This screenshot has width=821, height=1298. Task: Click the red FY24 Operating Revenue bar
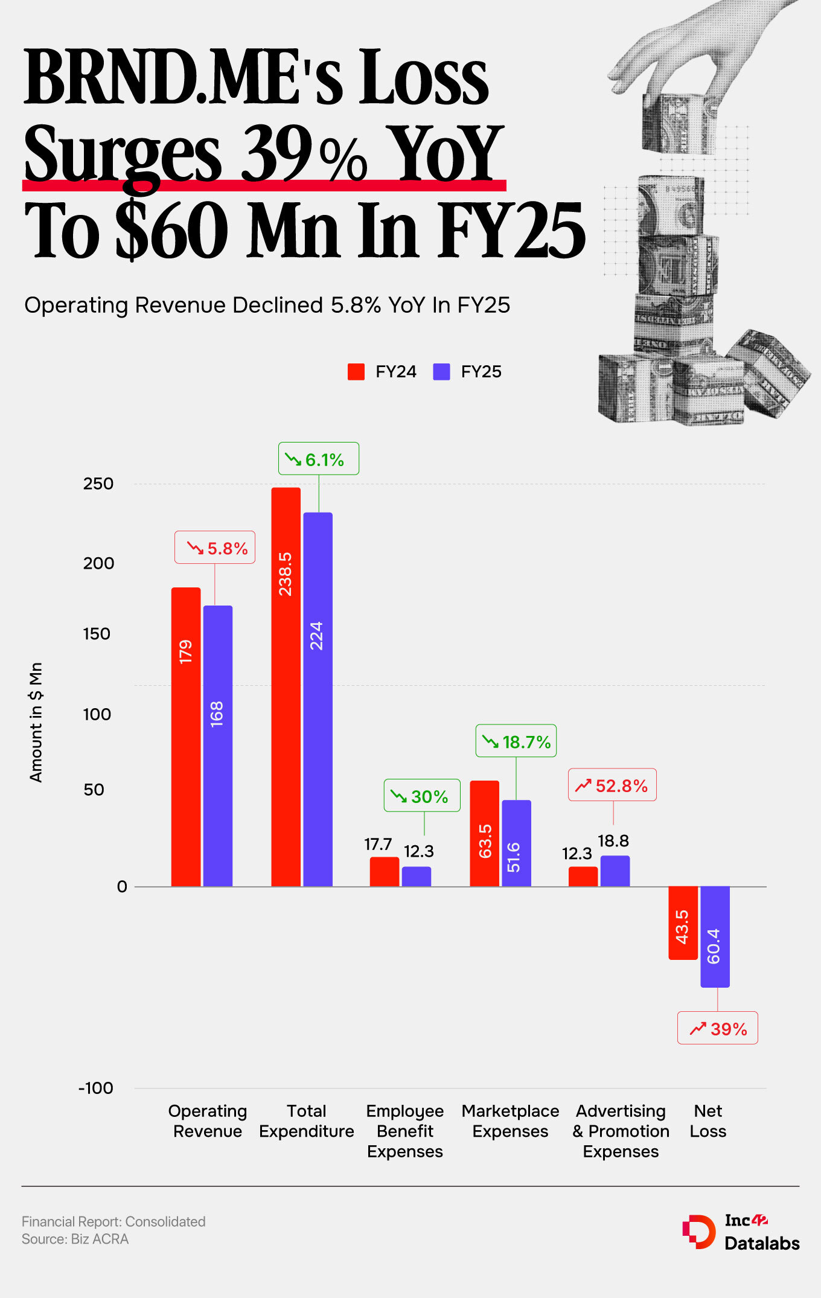pyautogui.click(x=186, y=737)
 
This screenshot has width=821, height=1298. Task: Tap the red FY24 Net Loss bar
pyautogui.click(x=683, y=922)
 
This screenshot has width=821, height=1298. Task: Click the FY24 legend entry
pyautogui.click(x=382, y=372)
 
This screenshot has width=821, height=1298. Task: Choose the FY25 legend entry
pyautogui.click(x=468, y=372)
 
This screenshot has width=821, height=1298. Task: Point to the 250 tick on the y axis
pyautogui.click(x=98, y=484)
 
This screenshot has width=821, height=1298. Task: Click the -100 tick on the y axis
pyautogui.click(x=96, y=1089)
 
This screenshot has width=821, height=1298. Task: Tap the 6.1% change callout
pyautogui.click(x=318, y=459)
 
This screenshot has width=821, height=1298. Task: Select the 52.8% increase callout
pyautogui.click(x=612, y=785)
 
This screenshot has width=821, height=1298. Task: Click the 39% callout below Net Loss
pyautogui.click(x=717, y=1029)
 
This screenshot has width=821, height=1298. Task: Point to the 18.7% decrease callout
pyautogui.click(x=516, y=741)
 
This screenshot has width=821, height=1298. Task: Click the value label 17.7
pyautogui.click(x=379, y=844)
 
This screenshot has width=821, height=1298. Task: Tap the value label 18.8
pyautogui.click(x=613, y=841)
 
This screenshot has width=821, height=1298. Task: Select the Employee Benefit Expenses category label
pyautogui.click(x=405, y=1131)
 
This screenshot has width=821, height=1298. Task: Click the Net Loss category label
pyautogui.click(x=708, y=1121)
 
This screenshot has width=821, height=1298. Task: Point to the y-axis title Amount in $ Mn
pyautogui.click(x=36, y=722)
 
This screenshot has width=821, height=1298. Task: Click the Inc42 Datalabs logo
pyautogui.click(x=741, y=1232)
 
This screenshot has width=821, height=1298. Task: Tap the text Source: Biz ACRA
pyautogui.click(x=75, y=1239)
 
